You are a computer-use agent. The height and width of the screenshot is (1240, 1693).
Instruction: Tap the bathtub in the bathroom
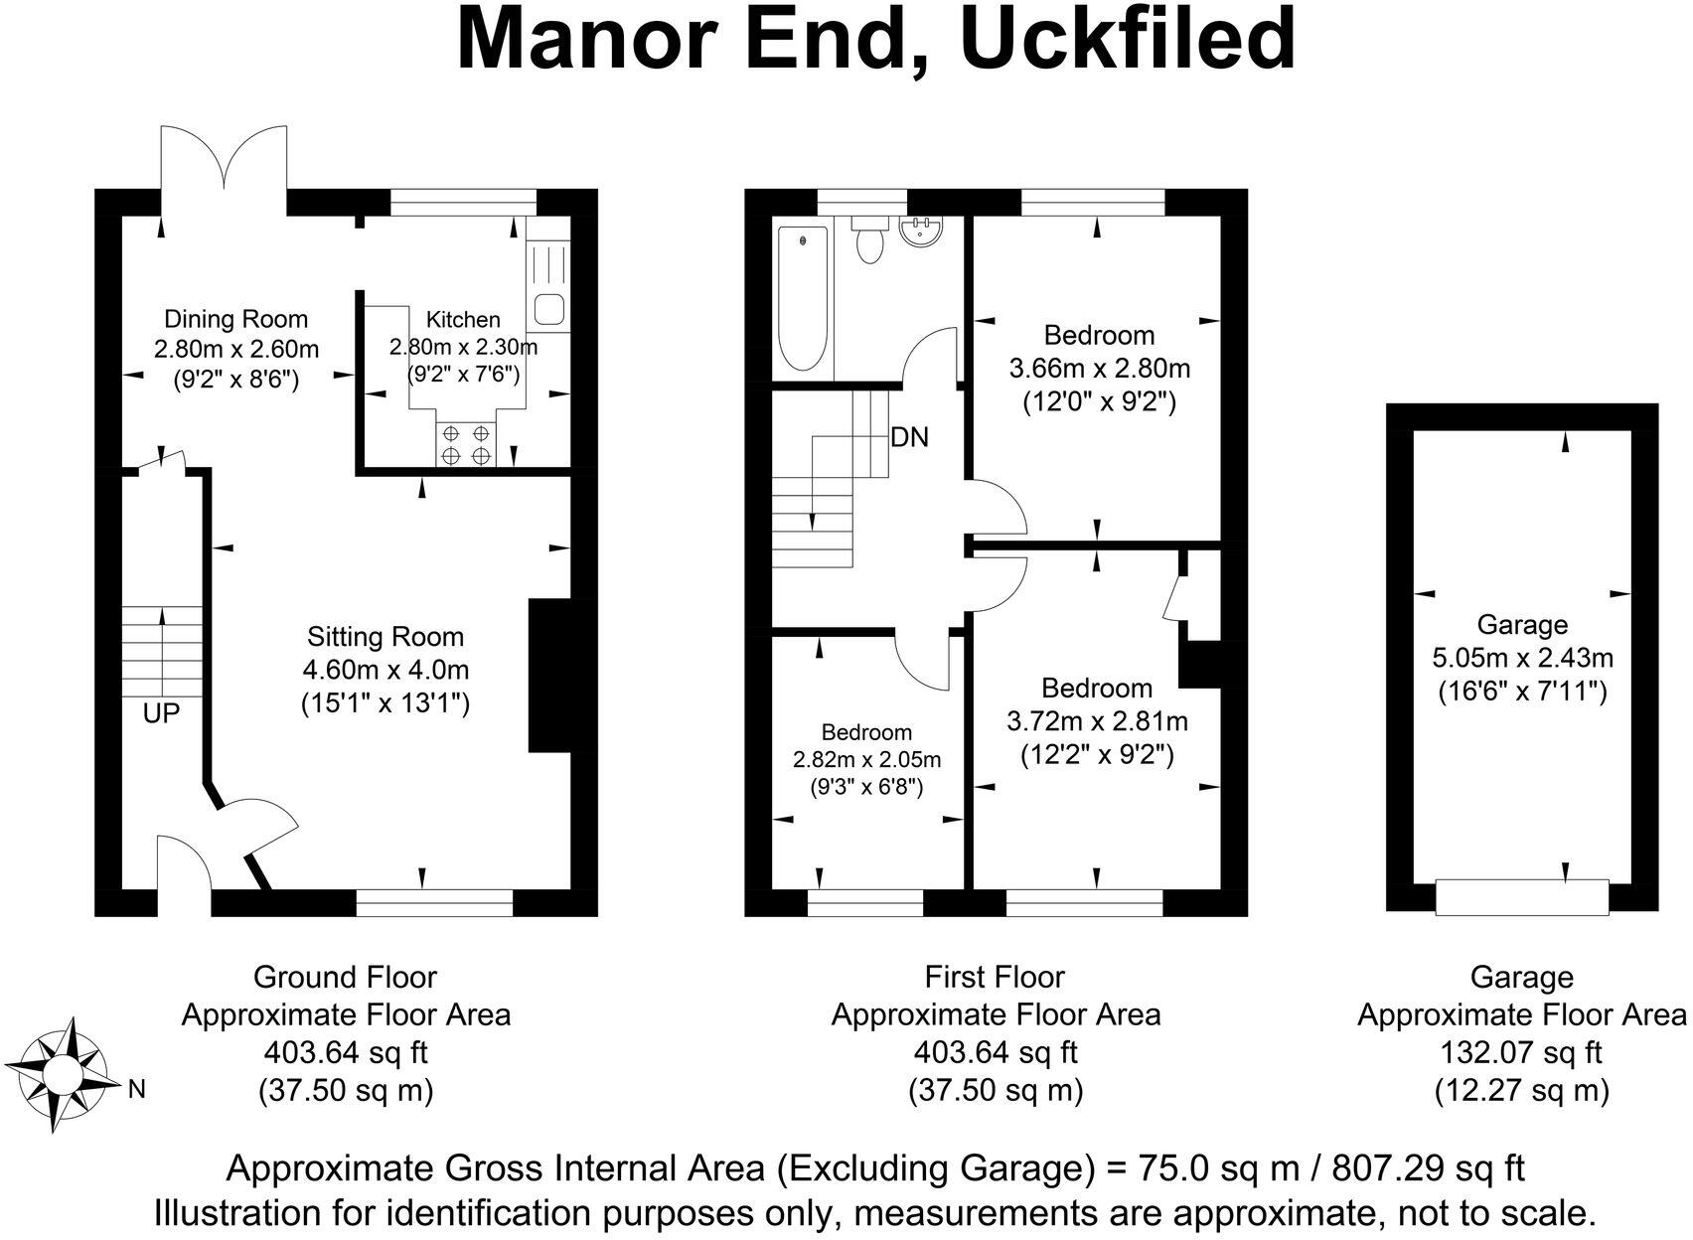tap(803, 298)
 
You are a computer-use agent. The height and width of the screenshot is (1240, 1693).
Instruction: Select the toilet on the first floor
tap(870, 238)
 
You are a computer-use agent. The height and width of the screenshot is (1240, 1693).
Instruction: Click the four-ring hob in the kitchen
tap(466, 444)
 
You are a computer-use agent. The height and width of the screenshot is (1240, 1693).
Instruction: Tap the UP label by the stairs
tap(161, 712)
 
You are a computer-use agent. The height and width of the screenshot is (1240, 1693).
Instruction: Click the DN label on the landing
tap(909, 437)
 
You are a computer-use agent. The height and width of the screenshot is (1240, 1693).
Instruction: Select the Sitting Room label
tap(385, 637)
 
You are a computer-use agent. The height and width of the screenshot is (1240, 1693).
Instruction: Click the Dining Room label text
tap(235, 319)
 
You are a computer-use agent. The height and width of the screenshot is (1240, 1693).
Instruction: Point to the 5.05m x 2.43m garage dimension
tap(1522, 658)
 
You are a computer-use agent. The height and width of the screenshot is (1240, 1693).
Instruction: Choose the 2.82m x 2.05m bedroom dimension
tap(867, 759)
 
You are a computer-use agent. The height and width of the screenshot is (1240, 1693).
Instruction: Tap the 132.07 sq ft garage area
tap(1521, 1052)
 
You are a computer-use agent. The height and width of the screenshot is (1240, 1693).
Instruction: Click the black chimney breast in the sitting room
tap(549, 676)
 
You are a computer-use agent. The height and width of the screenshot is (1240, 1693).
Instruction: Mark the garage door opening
tap(1522, 897)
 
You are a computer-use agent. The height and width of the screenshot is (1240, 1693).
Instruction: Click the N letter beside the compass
tap(137, 1090)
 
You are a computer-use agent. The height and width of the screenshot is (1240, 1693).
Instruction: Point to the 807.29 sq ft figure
tap(1428, 1168)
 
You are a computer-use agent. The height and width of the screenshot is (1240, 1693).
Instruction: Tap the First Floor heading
tap(995, 977)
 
